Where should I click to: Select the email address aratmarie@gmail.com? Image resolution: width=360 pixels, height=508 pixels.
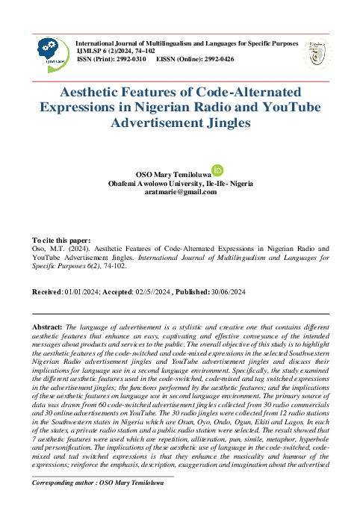(x=180, y=192)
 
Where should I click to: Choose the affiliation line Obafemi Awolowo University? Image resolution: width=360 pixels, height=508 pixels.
(x=180, y=183)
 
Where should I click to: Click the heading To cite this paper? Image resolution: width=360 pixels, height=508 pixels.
(x=63, y=239)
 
